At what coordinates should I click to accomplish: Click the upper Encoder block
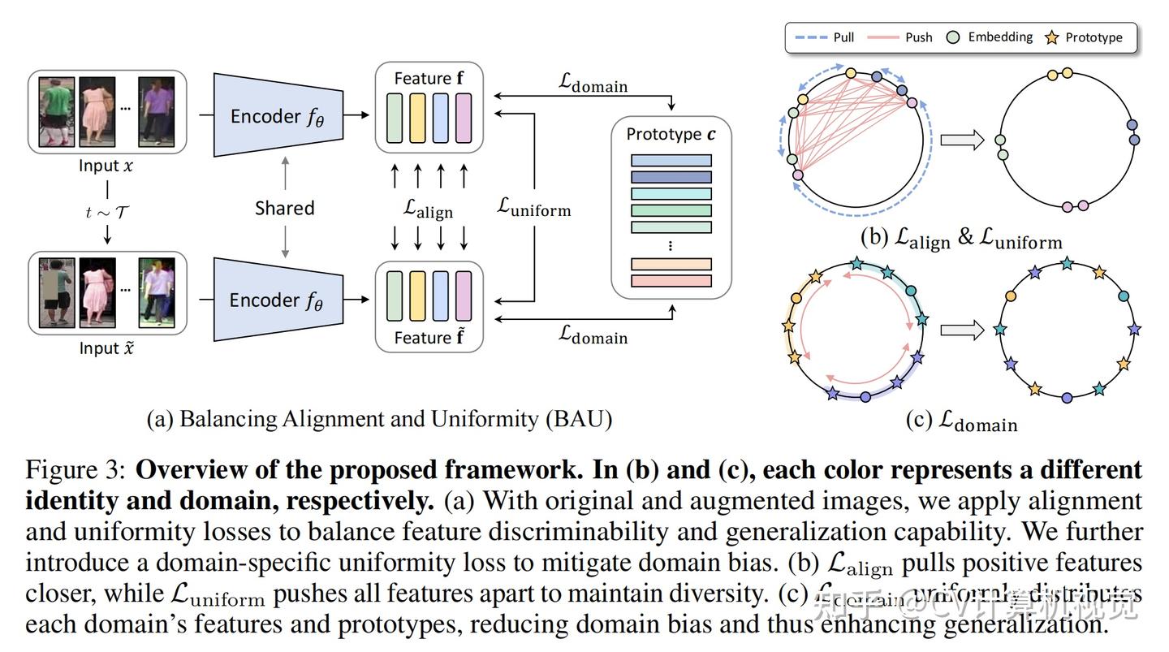276,115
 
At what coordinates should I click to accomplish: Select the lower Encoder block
276,300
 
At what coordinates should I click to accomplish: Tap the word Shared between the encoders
284,208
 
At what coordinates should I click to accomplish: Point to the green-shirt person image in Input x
56,110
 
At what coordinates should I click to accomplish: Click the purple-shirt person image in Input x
156,110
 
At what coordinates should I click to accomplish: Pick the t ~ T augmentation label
107,212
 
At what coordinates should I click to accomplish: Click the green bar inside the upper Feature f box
395,119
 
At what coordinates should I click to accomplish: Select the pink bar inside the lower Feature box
464,296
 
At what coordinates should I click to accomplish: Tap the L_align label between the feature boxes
429,209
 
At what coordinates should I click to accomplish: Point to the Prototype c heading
671,134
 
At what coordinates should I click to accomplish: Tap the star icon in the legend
1052,37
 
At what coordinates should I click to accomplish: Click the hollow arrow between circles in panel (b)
961,140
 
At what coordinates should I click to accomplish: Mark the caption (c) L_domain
961,421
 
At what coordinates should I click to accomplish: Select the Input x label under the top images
106,166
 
